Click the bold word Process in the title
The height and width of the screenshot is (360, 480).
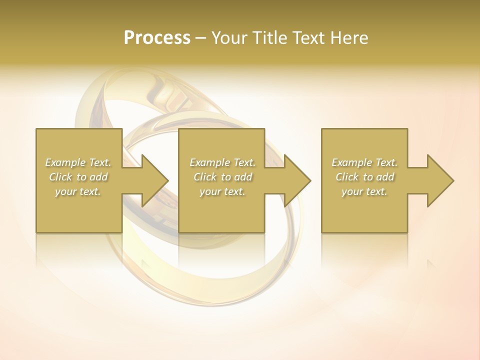click(157, 38)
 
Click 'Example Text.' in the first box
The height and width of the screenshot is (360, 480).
click(78, 162)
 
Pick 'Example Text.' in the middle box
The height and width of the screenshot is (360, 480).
click(222, 162)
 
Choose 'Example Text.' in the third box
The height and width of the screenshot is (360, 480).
click(364, 162)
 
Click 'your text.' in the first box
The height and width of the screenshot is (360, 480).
click(78, 191)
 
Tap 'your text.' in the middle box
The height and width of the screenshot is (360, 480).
click(222, 191)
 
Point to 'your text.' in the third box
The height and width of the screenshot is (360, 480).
click(364, 191)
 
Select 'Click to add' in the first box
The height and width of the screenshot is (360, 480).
click(78, 177)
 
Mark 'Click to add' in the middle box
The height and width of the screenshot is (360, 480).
click(222, 177)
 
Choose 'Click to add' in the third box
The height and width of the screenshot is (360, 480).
click(364, 177)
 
